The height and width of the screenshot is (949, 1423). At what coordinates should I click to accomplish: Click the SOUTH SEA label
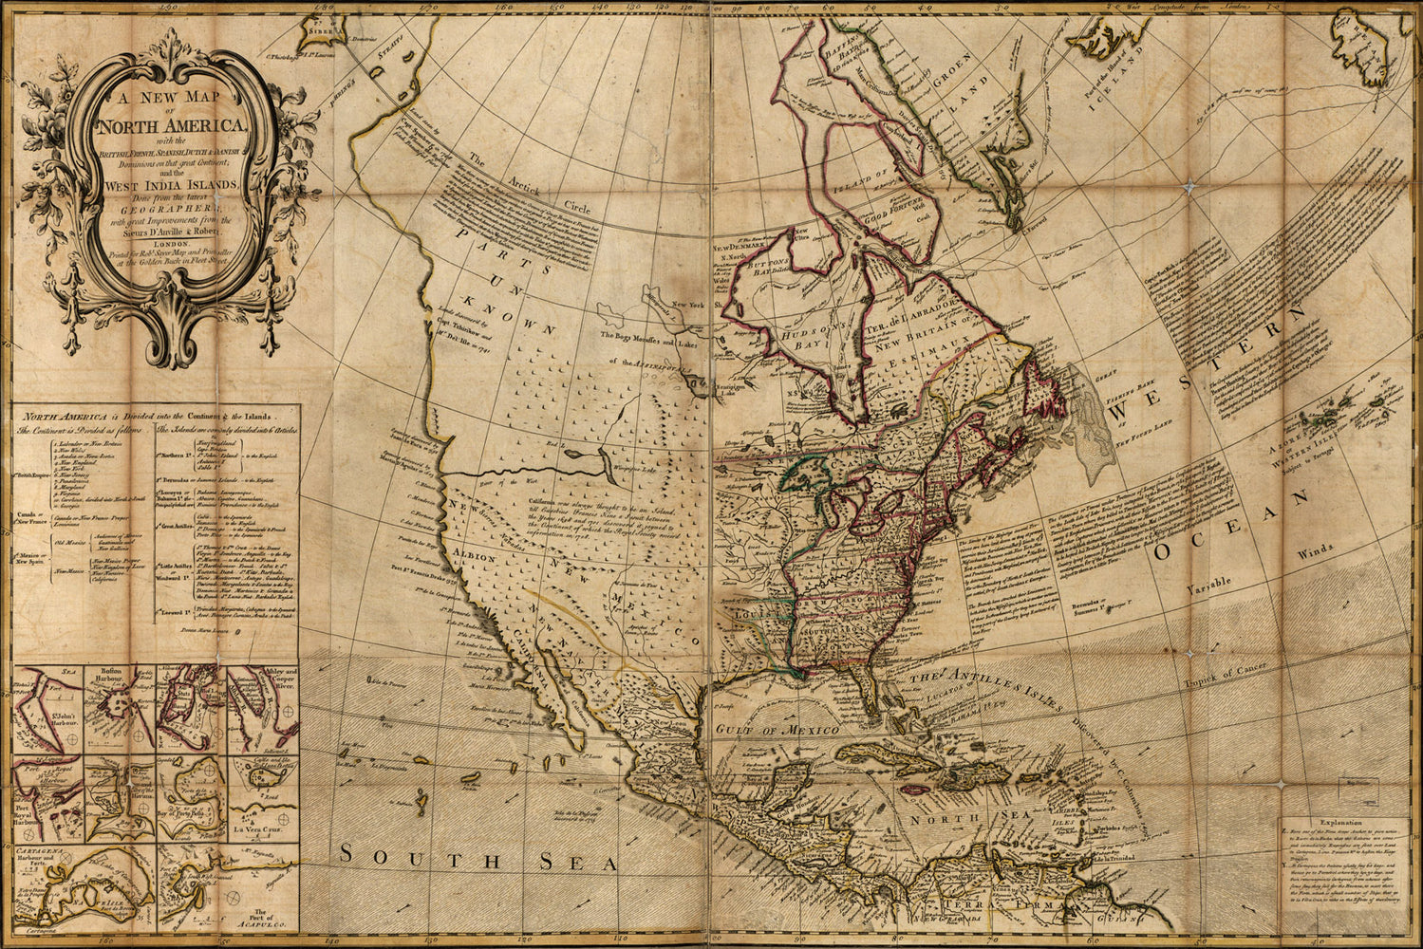click(478, 859)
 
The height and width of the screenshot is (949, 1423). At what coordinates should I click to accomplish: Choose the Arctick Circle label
click(514, 191)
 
